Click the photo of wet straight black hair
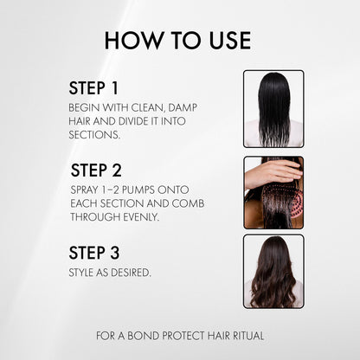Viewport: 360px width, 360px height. pos(273,109)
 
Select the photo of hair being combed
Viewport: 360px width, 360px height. pos(273,192)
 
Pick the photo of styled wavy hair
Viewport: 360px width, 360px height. pos(273,271)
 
